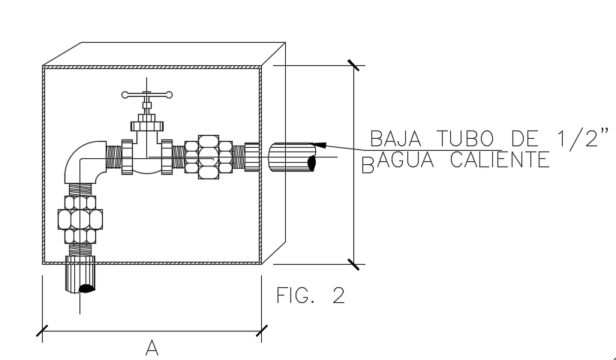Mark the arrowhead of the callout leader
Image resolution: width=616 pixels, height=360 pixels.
click(321, 143)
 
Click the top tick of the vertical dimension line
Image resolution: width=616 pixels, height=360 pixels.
click(353, 65)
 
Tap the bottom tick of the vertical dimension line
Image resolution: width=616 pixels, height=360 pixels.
click(353, 263)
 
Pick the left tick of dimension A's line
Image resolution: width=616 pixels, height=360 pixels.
click(44, 329)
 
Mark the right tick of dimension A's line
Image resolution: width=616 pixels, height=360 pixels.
click(261, 329)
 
